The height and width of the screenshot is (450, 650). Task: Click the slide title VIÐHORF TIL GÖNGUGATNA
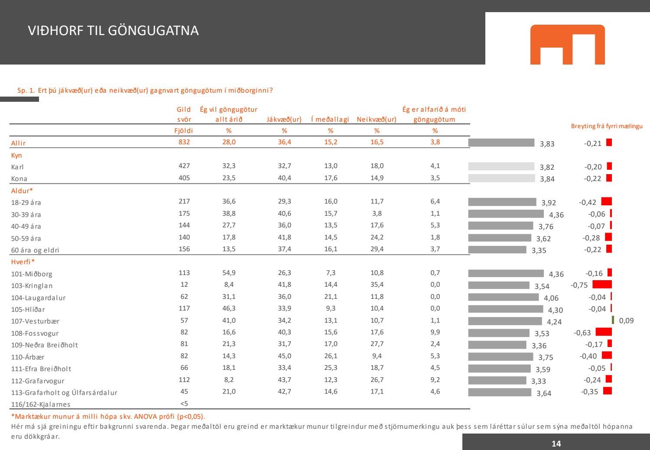click(113, 31)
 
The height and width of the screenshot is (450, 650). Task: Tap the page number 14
click(556, 443)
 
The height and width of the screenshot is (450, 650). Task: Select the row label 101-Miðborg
click(32, 274)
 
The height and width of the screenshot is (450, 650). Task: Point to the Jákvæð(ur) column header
click(284, 120)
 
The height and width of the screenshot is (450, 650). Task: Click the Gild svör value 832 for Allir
click(184, 142)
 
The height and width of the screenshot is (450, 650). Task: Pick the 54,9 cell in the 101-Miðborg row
click(229, 273)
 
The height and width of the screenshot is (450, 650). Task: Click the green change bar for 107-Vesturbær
click(613, 320)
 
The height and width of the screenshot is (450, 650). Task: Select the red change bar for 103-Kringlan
click(602, 285)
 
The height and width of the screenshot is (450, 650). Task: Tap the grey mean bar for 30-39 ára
click(506, 214)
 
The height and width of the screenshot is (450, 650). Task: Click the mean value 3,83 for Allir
click(547, 144)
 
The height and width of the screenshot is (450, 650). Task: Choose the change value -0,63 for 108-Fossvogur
click(582, 333)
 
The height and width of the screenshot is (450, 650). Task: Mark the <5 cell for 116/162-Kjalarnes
click(184, 404)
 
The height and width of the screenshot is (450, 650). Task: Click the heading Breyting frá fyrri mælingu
click(607, 126)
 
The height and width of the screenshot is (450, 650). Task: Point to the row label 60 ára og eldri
click(35, 250)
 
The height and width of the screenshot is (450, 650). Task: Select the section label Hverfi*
click(23, 262)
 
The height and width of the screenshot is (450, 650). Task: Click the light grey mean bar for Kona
click(501, 178)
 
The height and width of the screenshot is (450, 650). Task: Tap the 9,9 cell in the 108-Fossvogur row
click(435, 332)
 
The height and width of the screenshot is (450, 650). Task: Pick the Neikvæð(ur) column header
click(377, 120)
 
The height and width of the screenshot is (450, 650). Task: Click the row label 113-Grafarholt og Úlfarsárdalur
click(64, 393)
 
